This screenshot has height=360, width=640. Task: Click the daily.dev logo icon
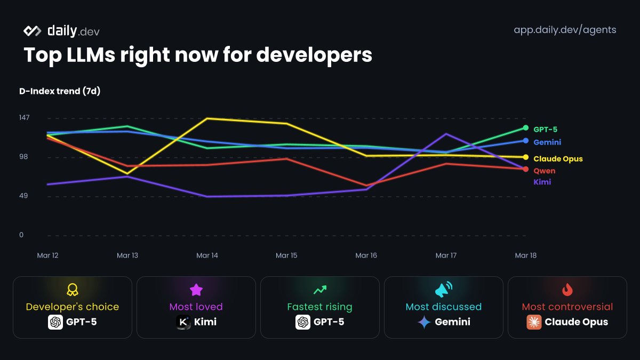(x=33, y=31)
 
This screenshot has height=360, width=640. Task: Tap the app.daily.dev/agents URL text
(x=565, y=30)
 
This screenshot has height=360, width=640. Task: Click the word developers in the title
(x=314, y=55)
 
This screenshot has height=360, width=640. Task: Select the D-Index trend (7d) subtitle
(x=60, y=91)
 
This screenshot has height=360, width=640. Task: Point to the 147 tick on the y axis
(x=25, y=117)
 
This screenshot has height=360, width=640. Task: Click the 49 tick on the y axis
(x=25, y=196)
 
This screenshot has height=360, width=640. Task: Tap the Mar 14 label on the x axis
(x=207, y=255)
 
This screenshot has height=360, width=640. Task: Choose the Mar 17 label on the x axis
(x=446, y=255)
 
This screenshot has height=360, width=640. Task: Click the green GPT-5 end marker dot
(x=525, y=128)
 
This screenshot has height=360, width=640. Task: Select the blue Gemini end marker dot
(x=525, y=141)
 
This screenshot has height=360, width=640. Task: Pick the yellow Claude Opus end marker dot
(x=525, y=157)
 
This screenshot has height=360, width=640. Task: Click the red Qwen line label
(x=544, y=171)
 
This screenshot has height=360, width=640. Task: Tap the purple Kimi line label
(x=542, y=182)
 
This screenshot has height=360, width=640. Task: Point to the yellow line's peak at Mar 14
(x=207, y=118)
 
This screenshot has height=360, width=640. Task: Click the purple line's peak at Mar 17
(x=446, y=134)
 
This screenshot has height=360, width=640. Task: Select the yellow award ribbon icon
(x=73, y=290)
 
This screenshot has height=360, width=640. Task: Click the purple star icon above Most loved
(x=196, y=290)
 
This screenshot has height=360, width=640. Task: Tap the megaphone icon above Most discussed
(x=443, y=290)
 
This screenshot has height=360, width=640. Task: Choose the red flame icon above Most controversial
(x=567, y=290)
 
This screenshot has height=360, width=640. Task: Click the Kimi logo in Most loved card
(x=184, y=322)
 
